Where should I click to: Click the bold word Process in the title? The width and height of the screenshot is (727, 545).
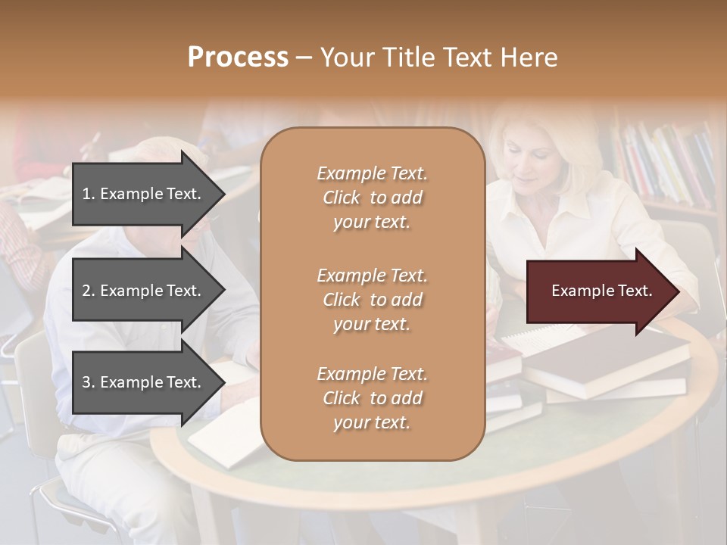[238, 57]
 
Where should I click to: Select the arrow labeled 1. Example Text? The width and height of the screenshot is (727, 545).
[144, 194]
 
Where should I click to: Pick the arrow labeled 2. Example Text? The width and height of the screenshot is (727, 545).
[144, 291]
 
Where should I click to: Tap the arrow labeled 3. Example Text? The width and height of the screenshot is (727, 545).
[144, 382]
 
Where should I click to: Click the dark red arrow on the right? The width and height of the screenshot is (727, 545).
[598, 291]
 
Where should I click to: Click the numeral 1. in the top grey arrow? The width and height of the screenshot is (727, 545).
[88, 194]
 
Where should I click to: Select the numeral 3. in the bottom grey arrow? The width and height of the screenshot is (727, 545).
[89, 382]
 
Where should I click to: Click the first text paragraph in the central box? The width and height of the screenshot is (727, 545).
[372, 198]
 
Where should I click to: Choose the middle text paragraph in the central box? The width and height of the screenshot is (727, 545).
[372, 300]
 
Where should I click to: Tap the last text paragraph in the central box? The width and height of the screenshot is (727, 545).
[372, 398]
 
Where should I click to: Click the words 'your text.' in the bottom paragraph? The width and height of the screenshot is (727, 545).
[372, 422]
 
